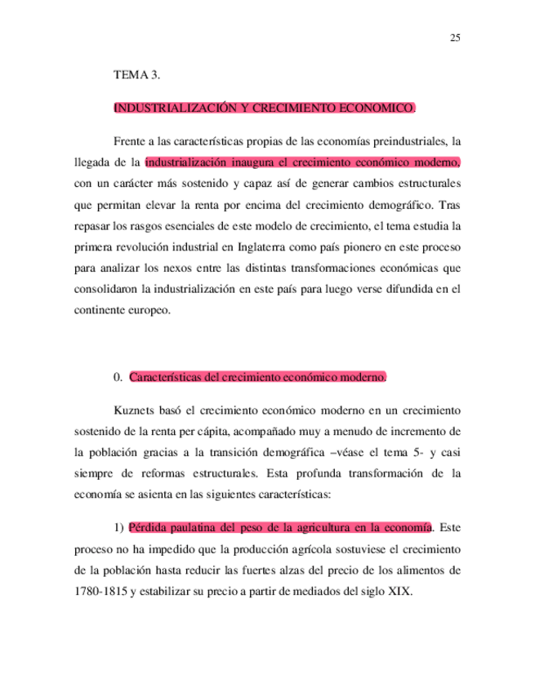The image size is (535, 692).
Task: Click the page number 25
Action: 455,38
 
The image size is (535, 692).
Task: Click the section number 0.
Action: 118,377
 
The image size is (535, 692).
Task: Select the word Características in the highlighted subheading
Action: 165,377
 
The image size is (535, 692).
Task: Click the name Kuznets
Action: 133,409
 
